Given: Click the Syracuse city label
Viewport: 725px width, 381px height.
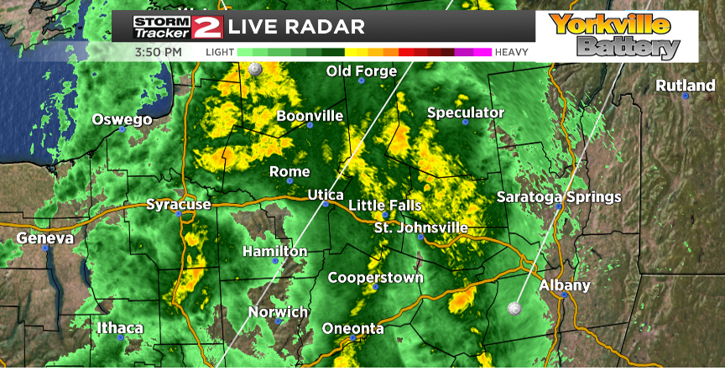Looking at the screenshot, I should click(x=178, y=204).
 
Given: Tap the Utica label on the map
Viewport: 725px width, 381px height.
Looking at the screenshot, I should click(x=326, y=195).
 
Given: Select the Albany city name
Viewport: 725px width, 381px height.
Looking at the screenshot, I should click(x=565, y=285).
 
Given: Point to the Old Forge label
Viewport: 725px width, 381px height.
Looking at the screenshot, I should click(x=361, y=71).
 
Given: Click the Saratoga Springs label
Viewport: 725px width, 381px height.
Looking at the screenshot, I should click(x=559, y=197).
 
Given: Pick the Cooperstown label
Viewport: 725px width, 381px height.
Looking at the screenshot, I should click(x=375, y=278).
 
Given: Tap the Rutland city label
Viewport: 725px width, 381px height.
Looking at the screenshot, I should click(x=686, y=86).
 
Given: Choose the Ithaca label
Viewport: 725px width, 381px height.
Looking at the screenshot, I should click(x=119, y=327).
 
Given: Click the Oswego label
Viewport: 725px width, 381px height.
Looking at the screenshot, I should click(x=122, y=119).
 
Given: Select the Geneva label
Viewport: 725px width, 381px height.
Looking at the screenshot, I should click(x=45, y=238).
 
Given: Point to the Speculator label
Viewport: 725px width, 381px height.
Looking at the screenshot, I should click(x=466, y=112).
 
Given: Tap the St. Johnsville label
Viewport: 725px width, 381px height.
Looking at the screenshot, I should click(x=420, y=227).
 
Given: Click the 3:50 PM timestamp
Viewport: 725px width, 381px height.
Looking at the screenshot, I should click(x=158, y=52).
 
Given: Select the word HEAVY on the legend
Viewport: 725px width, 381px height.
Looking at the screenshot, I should click(x=512, y=52).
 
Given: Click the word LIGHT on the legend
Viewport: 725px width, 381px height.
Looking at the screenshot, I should click(x=220, y=52).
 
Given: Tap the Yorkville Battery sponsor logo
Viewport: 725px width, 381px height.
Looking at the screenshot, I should click(x=616, y=35).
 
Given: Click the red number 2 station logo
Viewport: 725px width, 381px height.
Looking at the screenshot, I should click(x=206, y=26).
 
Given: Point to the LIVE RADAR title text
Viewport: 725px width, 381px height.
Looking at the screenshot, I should click(x=296, y=27).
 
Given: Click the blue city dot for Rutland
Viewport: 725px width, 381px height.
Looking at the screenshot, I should click(x=686, y=97).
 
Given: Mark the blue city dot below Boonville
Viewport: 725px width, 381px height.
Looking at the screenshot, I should click(x=310, y=125).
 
